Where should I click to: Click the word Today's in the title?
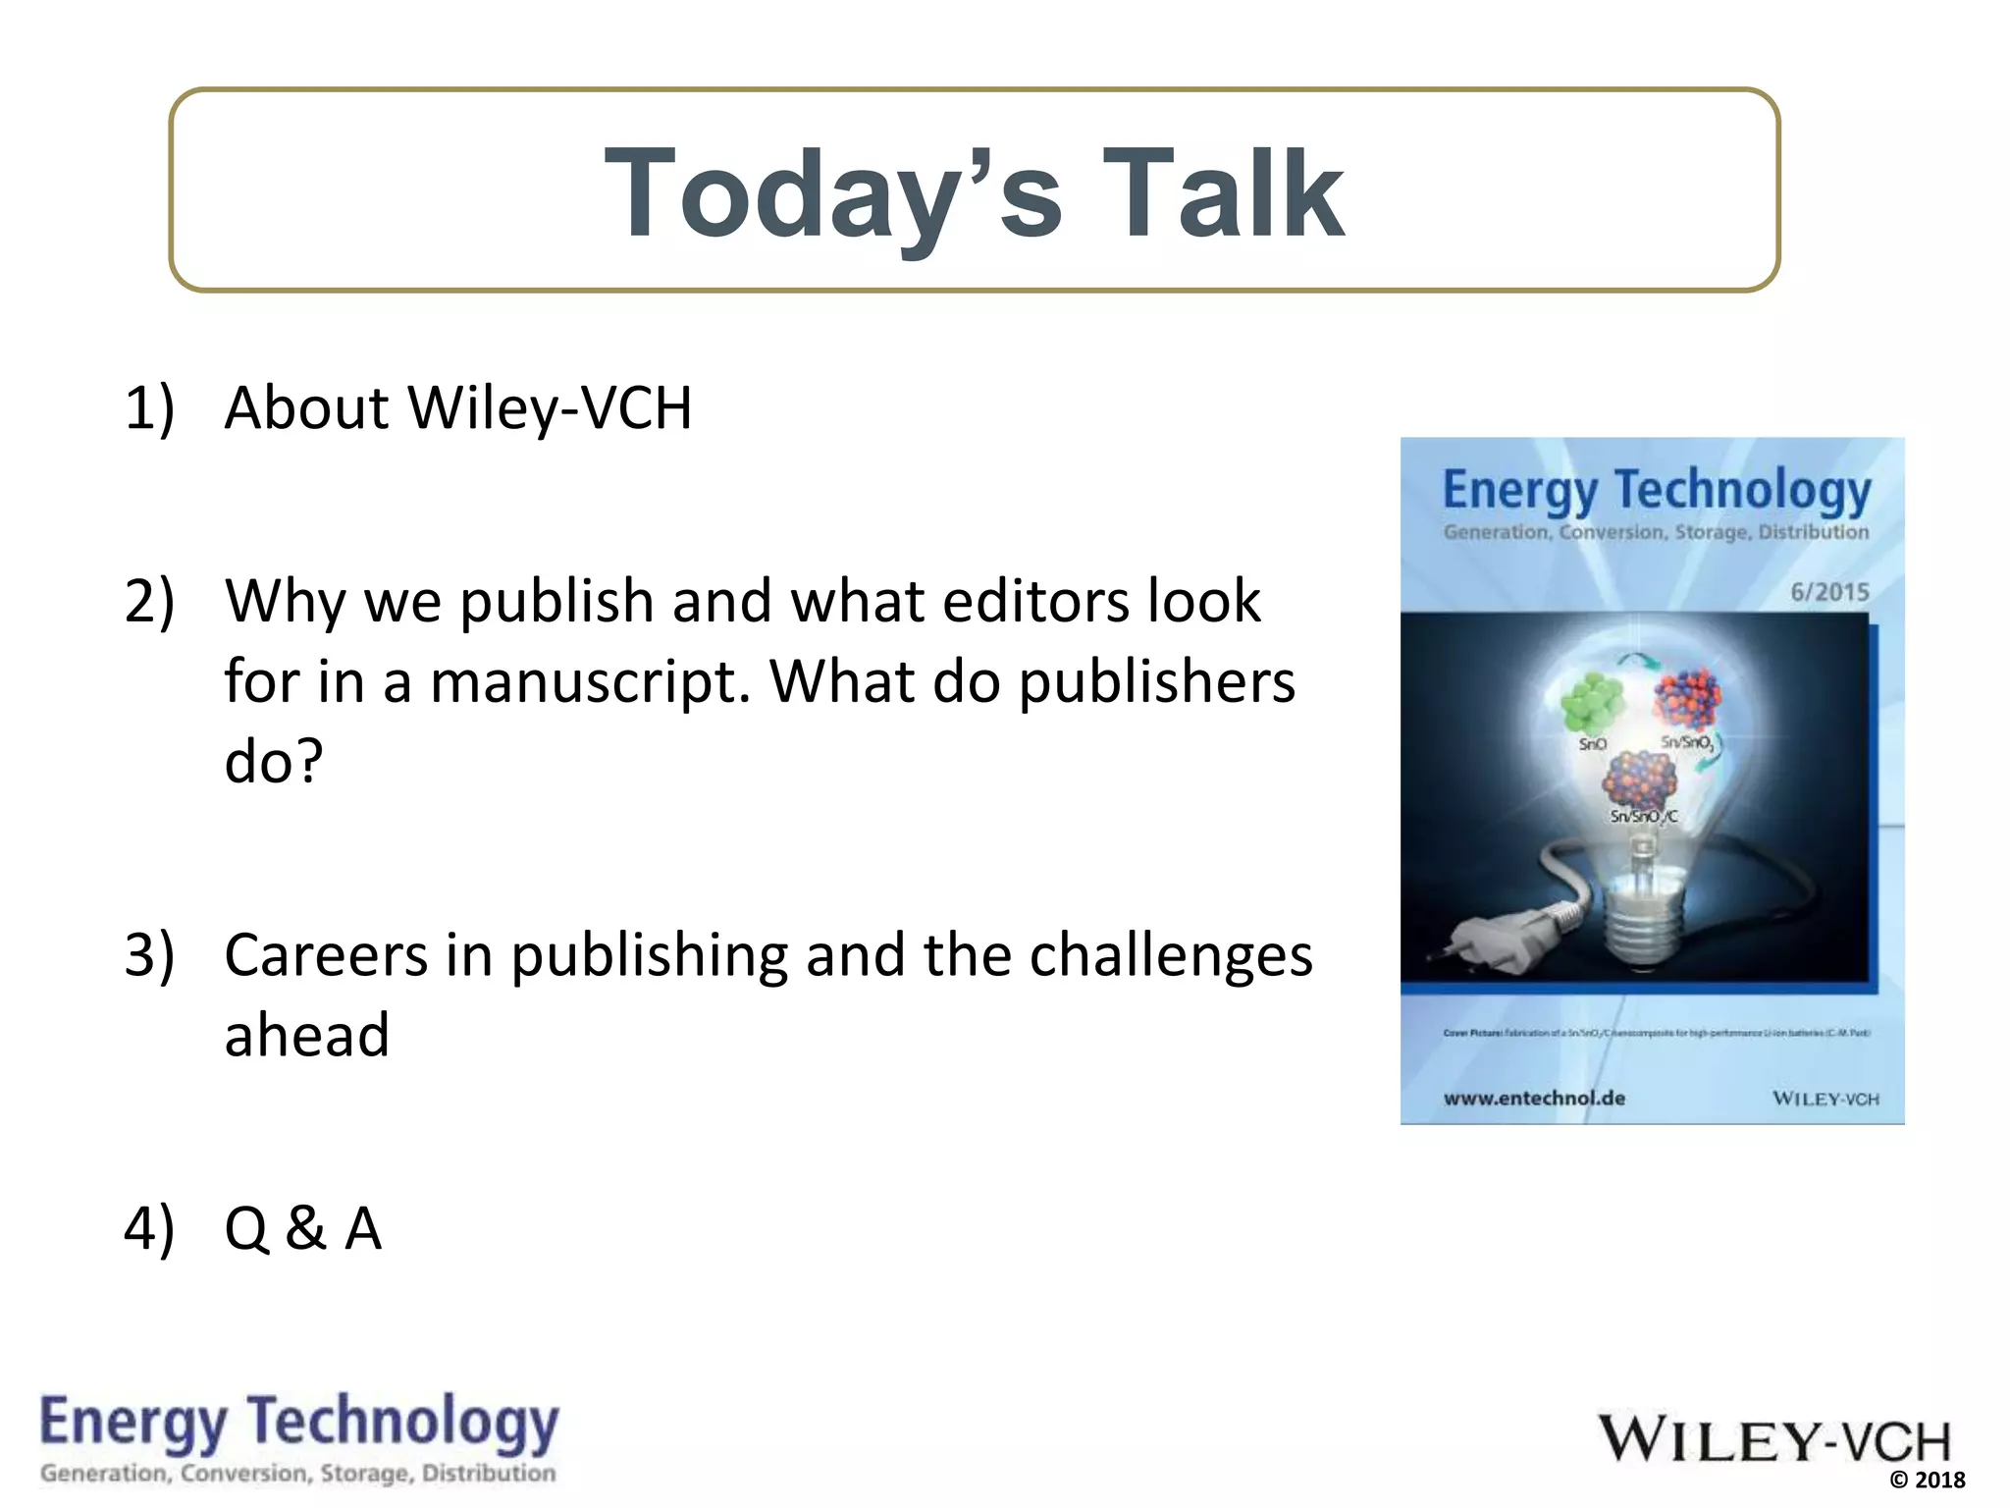[x=833, y=192]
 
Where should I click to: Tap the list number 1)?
[x=149, y=407]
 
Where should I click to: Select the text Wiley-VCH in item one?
[x=550, y=407]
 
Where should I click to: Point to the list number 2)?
[x=149, y=601]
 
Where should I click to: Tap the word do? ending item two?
[x=274, y=761]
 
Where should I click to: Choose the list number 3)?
[x=149, y=954]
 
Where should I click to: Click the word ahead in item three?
[x=307, y=1035]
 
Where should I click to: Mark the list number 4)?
[x=149, y=1228]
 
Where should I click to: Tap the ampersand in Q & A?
[x=305, y=1228]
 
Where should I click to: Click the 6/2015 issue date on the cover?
[x=1829, y=592]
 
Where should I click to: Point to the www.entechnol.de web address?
[x=1534, y=1098]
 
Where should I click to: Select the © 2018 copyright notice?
[x=1928, y=1481]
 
